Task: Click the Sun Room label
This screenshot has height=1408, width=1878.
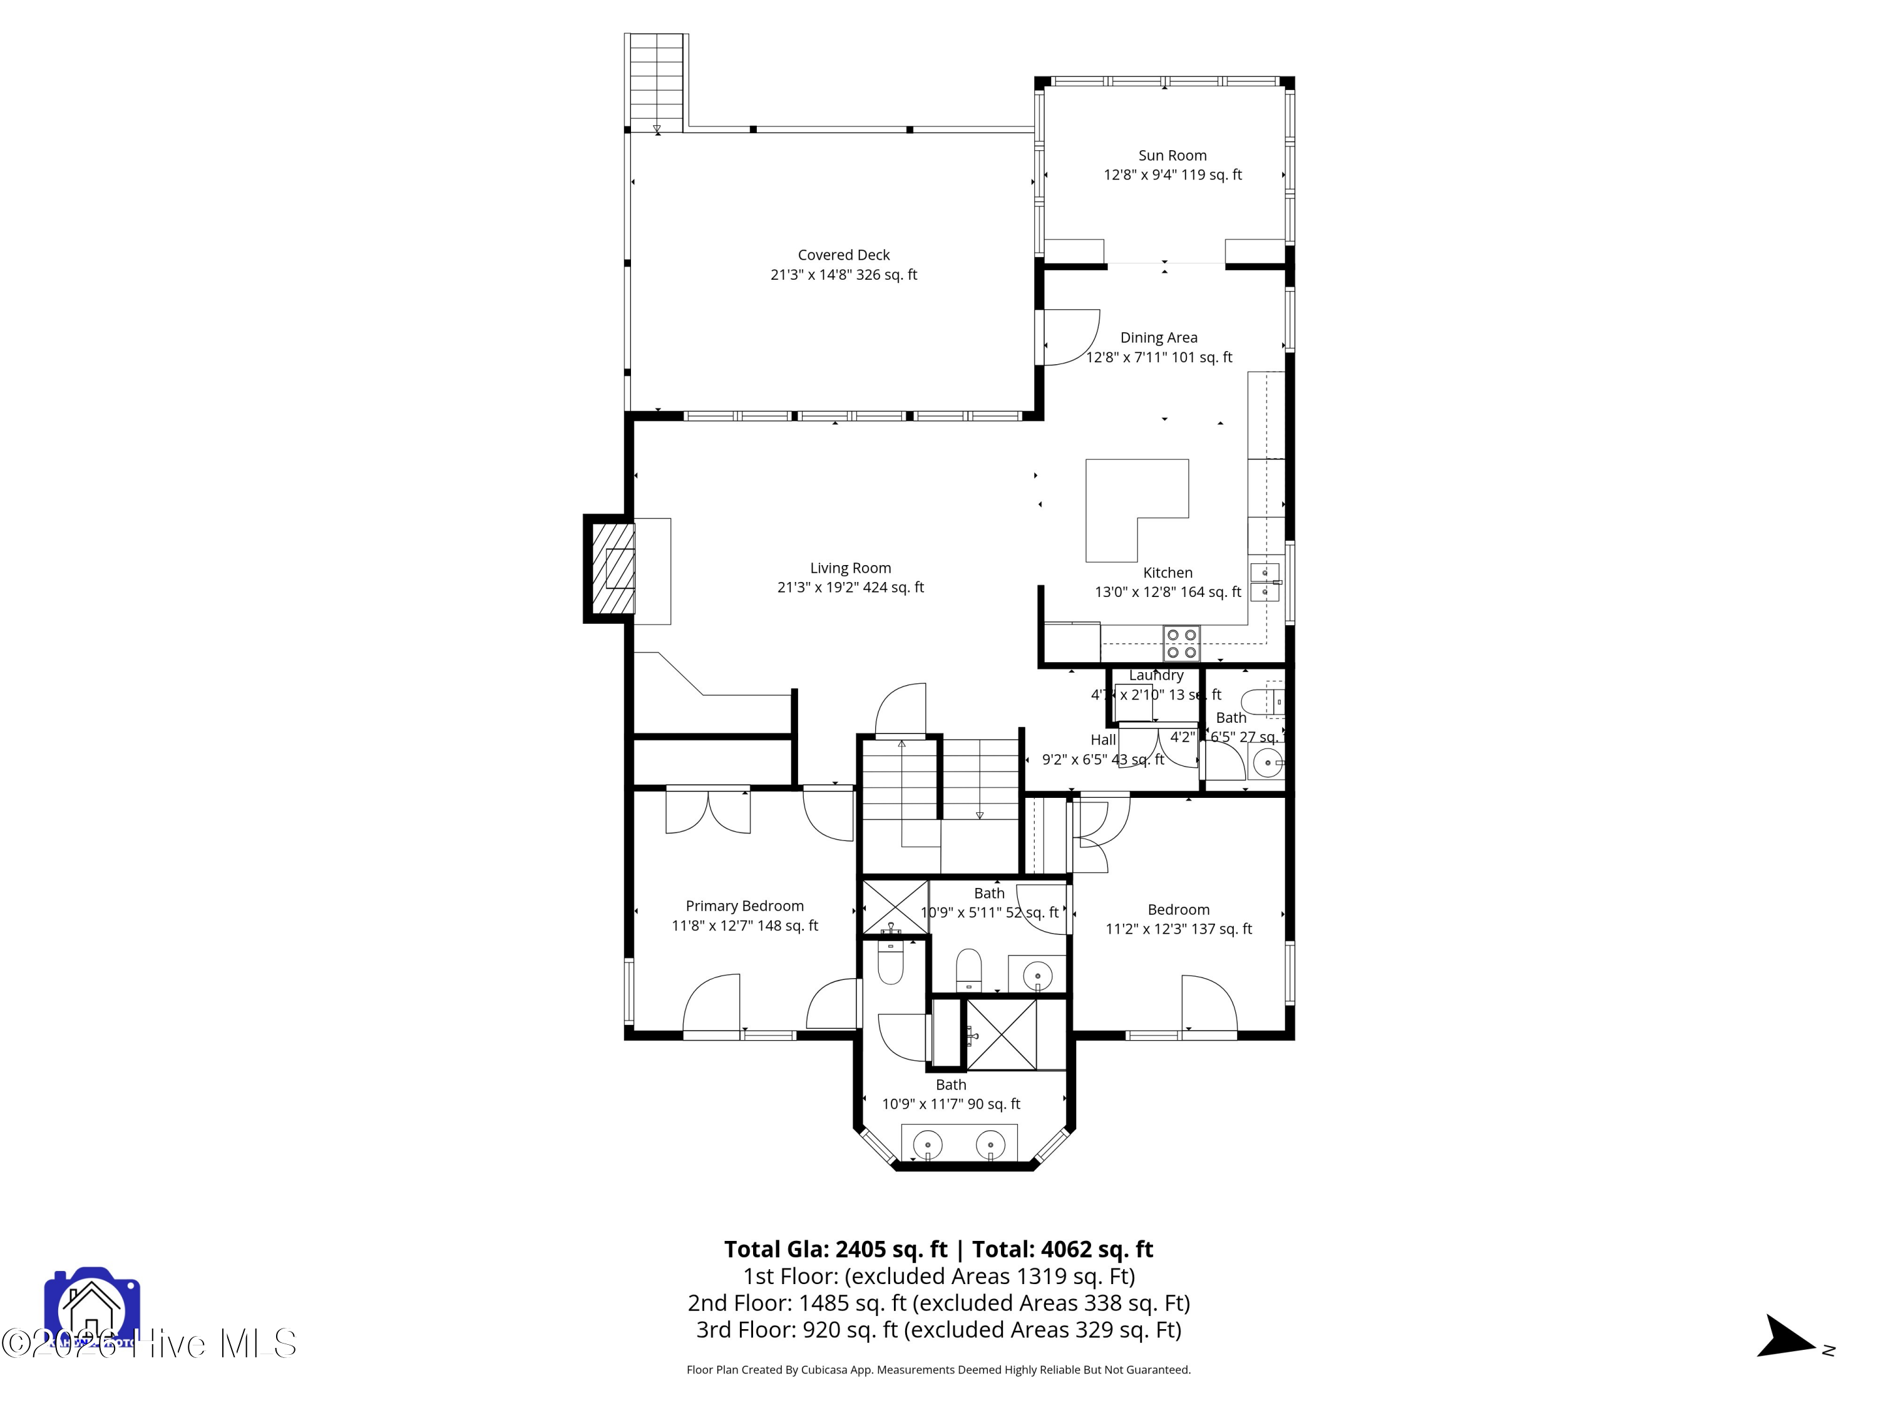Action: (x=1172, y=155)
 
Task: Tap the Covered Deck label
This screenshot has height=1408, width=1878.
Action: (x=843, y=255)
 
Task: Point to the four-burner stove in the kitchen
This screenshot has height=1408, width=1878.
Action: (x=1181, y=643)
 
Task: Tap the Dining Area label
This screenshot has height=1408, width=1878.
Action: (x=1158, y=338)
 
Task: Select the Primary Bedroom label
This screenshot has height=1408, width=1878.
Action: (x=744, y=906)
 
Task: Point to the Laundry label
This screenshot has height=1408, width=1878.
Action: (x=1156, y=676)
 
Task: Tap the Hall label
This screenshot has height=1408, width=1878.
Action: (x=1103, y=740)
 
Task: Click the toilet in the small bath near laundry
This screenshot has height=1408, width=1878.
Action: (x=1261, y=703)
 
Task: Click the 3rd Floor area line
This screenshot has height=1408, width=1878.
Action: (x=938, y=1330)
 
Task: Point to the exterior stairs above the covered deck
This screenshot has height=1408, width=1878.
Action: (x=656, y=81)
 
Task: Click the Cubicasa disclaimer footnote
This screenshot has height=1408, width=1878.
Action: (x=938, y=1370)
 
